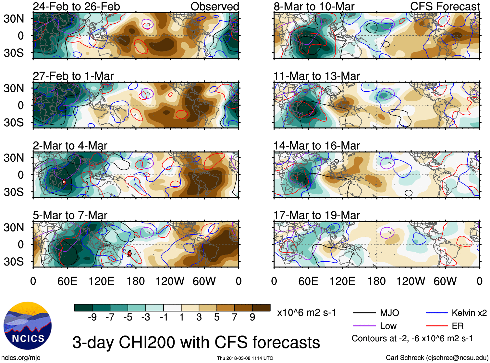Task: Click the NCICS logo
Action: point(28,326)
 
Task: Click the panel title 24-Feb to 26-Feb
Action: point(76,6)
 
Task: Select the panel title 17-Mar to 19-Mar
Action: point(316,215)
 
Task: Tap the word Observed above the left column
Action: point(214,6)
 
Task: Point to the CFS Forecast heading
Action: point(445,6)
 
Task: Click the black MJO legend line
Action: point(364,313)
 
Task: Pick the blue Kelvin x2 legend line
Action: point(437,313)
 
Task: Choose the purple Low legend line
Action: point(364,326)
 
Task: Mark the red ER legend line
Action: point(437,326)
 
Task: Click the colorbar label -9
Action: point(92,317)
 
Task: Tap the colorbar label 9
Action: point(252,317)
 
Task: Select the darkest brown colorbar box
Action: point(261,308)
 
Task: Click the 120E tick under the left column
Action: point(102,281)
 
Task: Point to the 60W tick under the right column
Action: point(445,281)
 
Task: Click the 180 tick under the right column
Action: point(376,281)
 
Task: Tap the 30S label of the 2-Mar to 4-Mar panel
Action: point(14,192)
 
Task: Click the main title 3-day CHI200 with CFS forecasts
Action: point(196,342)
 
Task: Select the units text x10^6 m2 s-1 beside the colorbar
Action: point(307,313)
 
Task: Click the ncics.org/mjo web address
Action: point(21,358)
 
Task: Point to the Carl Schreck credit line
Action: point(437,358)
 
